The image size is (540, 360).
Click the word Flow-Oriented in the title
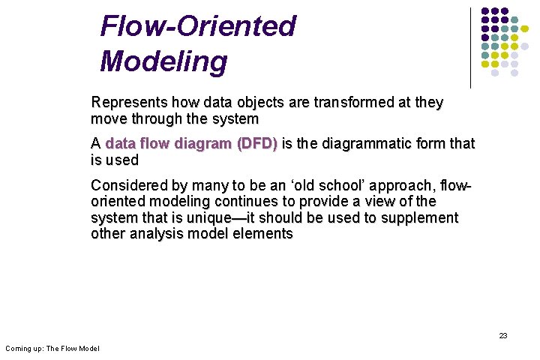(x=198, y=26)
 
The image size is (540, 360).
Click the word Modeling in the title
(x=163, y=61)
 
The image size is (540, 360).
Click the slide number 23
(x=503, y=335)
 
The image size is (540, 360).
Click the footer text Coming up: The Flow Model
(x=52, y=348)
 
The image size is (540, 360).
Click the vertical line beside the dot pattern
(x=470, y=46)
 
